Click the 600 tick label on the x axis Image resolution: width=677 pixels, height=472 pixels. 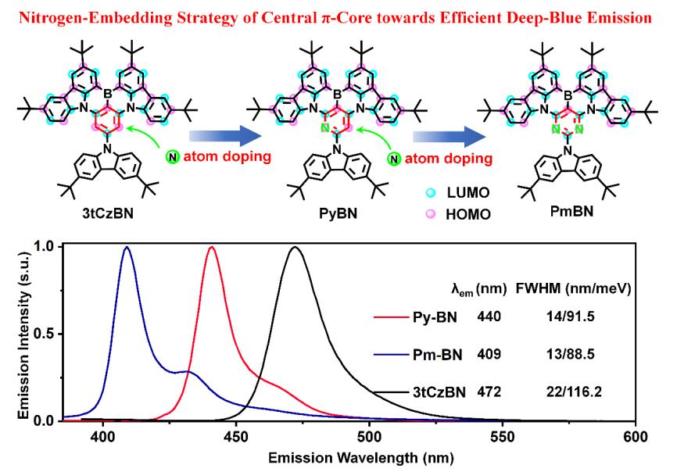pos(636,436)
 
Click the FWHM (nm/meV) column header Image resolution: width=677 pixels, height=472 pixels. pos(572,289)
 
